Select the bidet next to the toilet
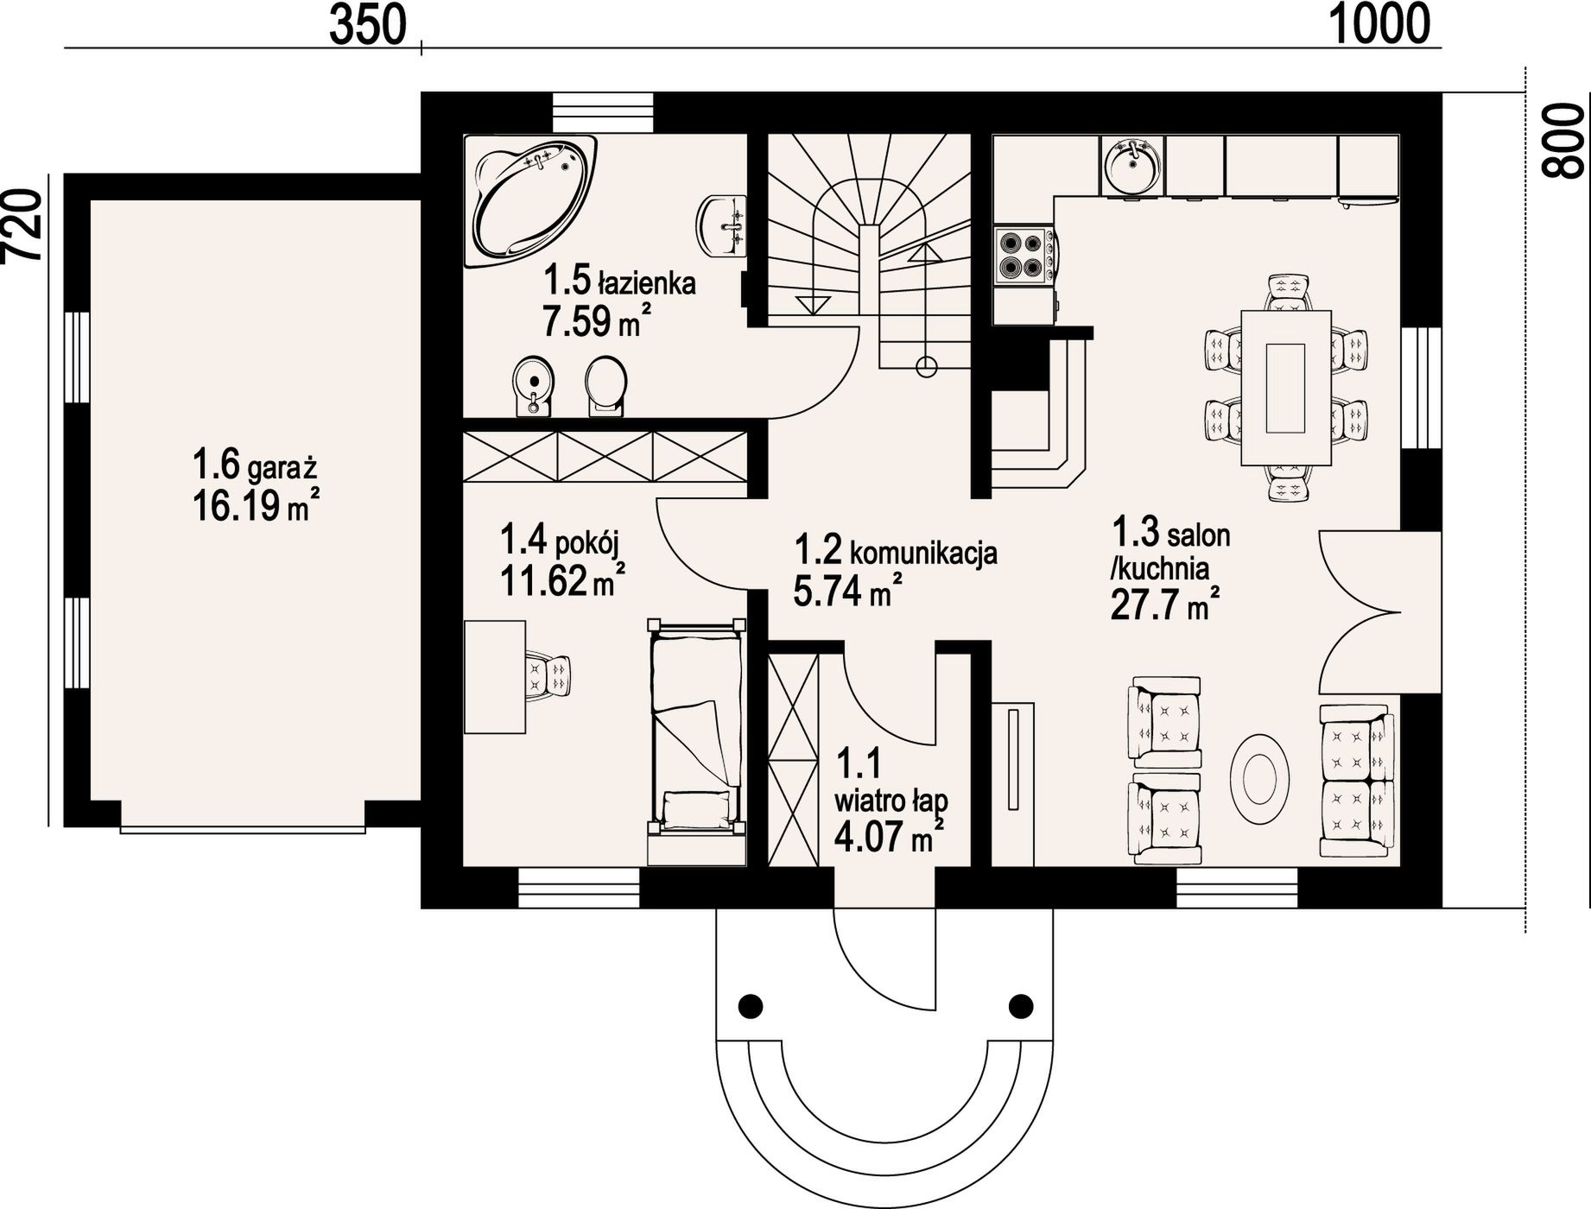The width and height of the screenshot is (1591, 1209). pos(533,386)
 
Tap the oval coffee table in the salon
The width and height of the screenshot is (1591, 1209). pos(1261,778)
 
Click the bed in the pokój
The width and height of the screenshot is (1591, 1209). pos(696,740)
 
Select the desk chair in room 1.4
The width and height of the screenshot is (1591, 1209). pos(548,674)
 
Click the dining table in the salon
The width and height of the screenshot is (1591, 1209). pos(1285,387)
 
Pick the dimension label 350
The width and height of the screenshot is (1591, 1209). pos(367,26)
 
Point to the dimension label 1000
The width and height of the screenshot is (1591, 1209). pos(1379,24)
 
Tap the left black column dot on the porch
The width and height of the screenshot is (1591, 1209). pos(751,1005)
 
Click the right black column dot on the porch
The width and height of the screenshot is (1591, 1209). pos(1022,1005)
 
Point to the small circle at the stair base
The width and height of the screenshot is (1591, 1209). pos(926,366)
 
